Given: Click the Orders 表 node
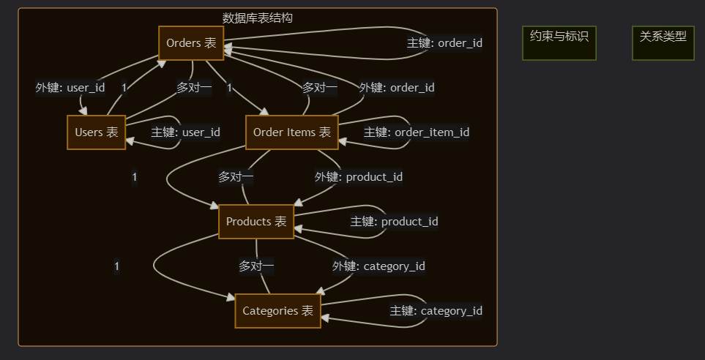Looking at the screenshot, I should coord(191,43).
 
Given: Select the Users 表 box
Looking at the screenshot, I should coord(97,132).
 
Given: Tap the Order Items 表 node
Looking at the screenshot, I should coord(291,132).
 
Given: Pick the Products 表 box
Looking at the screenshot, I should coord(256,222).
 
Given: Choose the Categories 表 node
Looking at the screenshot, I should coord(277,311).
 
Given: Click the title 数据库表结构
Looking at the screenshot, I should coord(258,18).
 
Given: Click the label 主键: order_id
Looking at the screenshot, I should coord(444,43).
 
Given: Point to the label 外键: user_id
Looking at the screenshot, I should coord(70,88).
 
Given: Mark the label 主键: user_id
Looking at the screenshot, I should coord(185,132).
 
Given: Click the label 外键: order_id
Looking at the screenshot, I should coord(397,88).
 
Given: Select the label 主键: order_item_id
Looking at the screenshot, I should coord(417,132).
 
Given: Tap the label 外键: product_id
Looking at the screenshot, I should coord(359,177).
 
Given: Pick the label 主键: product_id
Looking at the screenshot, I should coord(395,222).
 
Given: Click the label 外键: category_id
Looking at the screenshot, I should coord(378,266).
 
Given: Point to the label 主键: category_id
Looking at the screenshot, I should coord(436,311).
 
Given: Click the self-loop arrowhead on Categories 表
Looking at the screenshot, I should coord(326,318).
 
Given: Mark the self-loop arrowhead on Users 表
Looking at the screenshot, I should coord(130,140).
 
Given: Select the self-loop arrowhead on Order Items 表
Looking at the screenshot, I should coord(343,140).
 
